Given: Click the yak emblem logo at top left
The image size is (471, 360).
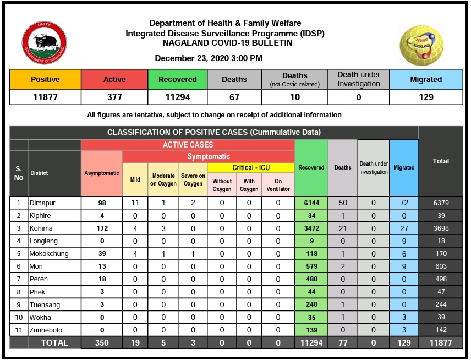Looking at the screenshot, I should (x=44, y=44).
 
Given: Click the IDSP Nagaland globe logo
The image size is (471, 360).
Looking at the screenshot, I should (x=421, y=44).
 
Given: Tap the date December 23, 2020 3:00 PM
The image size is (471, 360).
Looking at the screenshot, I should (x=209, y=58).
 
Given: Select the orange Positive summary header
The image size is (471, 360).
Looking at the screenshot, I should (x=45, y=79).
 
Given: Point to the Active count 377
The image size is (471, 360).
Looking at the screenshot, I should (x=114, y=97).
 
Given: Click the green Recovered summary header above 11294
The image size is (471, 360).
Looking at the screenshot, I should (x=177, y=79).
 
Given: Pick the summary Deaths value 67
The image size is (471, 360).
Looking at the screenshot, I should (x=234, y=97).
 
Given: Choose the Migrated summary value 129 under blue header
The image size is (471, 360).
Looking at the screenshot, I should (x=426, y=97).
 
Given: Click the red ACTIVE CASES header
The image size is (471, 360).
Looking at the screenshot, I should (x=188, y=145).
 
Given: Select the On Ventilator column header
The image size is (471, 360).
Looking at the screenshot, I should (x=278, y=185).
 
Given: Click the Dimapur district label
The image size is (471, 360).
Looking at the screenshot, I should (x=43, y=203).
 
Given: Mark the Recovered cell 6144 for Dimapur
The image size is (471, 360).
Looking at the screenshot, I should (x=311, y=203).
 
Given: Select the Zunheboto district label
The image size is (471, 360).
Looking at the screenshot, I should (x=46, y=329).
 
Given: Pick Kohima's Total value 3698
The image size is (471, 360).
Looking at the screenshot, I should (x=441, y=228).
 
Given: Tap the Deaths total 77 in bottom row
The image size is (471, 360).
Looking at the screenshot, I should (x=343, y=342).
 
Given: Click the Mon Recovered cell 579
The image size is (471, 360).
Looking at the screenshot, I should (x=311, y=266).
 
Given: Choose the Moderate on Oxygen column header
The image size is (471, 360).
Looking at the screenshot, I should (x=163, y=180).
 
